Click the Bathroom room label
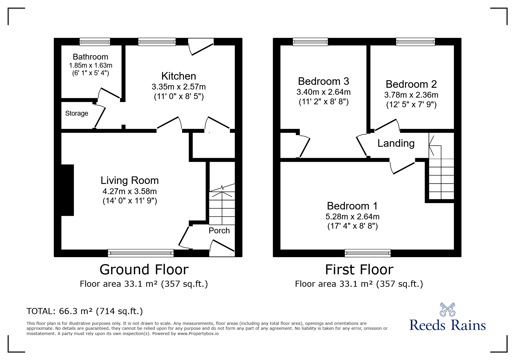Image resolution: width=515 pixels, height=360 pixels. (x=90, y=57)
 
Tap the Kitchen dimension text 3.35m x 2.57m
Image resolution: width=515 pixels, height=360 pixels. (x=179, y=87)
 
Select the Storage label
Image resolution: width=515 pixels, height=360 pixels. (x=76, y=113)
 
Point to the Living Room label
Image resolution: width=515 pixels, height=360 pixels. (x=130, y=180)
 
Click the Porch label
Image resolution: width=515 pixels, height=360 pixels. (x=219, y=230)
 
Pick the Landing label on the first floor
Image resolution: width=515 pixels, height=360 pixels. (x=396, y=143)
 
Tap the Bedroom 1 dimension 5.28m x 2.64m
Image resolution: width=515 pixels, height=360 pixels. (x=352, y=216)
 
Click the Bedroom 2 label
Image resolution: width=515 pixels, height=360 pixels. (x=411, y=84)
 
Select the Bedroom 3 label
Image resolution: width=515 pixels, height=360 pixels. (x=323, y=81)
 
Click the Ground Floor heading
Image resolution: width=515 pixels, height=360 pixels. (x=144, y=270)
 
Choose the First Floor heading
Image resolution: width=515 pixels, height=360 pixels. (x=359, y=270)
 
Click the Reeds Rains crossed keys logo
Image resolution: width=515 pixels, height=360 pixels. (x=447, y=309)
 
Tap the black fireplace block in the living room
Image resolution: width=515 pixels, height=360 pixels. (x=67, y=190)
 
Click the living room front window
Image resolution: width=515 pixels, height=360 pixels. (x=141, y=253)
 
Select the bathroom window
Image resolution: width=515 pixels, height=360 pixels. (x=95, y=42)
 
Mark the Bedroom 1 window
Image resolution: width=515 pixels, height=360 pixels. (x=368, y=253)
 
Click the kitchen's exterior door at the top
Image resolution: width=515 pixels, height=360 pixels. (x=201, y=46)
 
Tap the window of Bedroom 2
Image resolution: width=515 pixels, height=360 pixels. (x=416, y=42)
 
